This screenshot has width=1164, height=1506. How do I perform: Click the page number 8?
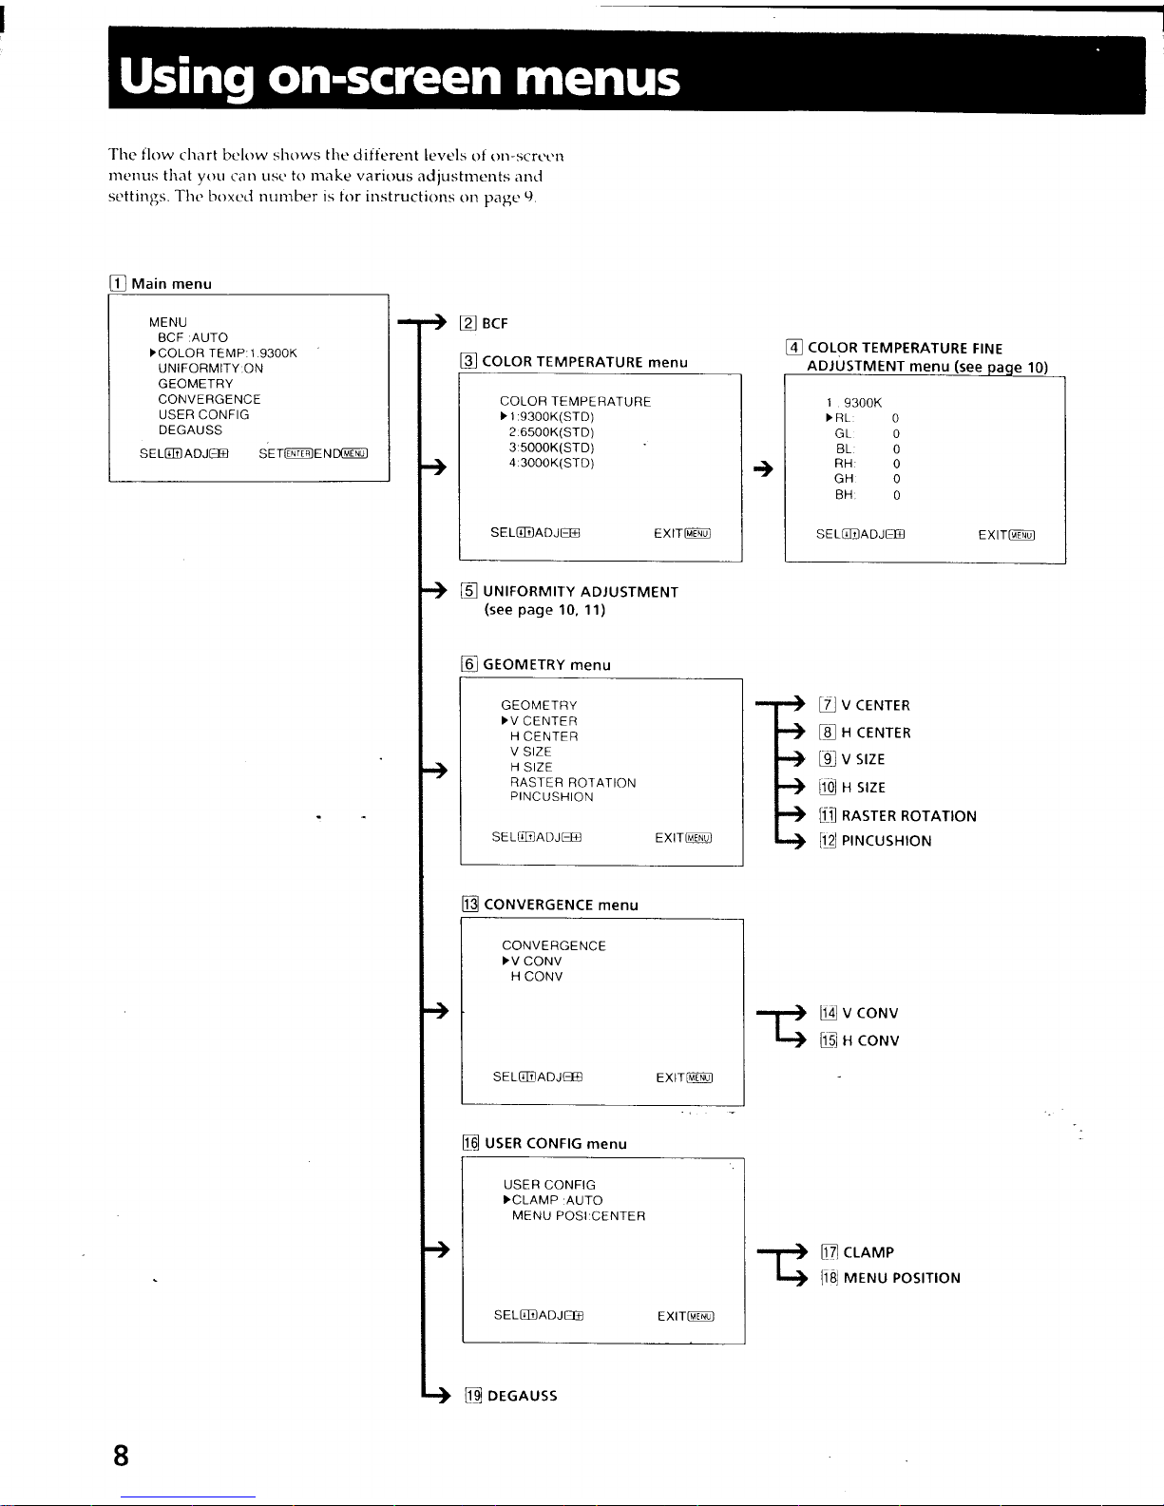121,1455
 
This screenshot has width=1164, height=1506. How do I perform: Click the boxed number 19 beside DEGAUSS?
473,1396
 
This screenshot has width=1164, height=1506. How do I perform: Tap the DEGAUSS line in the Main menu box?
190,430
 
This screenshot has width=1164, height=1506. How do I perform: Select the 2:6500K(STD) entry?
551,432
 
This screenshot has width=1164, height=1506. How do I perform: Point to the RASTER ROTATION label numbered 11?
908,816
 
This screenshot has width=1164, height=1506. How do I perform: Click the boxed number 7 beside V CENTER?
828,705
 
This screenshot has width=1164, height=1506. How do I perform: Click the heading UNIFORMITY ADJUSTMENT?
581,592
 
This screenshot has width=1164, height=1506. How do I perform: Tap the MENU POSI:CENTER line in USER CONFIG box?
579,1216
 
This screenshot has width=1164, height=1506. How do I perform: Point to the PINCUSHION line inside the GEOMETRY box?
551,797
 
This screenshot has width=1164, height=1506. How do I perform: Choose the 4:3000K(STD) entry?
551,463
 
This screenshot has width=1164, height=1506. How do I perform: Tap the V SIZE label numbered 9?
863,760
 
